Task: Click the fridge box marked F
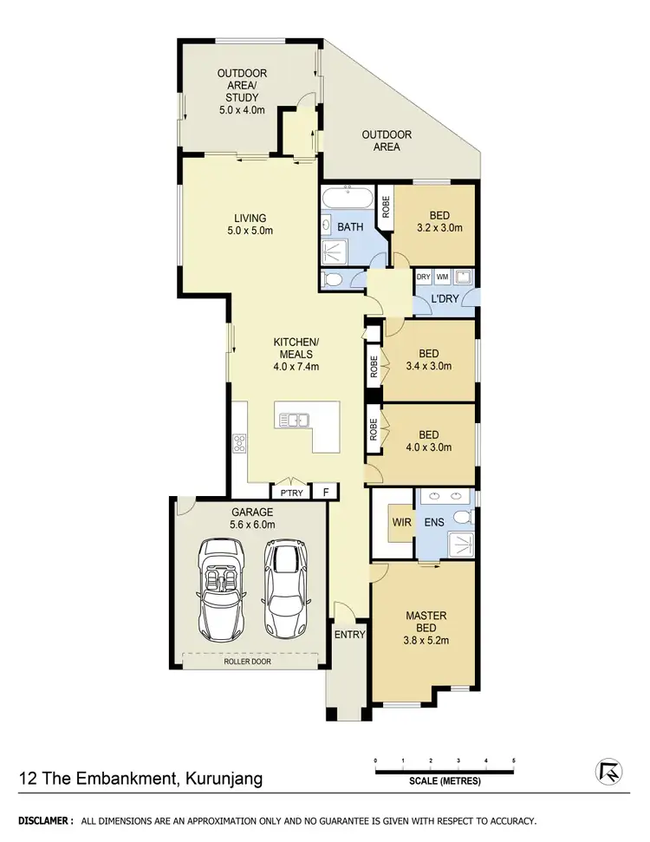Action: [326, 492]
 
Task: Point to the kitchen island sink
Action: [295, 421]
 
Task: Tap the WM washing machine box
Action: [442, 277]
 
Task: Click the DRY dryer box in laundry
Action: [423, 277]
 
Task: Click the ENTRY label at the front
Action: [349, 635]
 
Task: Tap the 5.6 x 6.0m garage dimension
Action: [252, 525]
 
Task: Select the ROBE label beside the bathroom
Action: [386, 207]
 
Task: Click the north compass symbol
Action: [609, 770]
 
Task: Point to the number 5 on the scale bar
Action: [513, 760]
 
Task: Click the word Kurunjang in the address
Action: [223, 778]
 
